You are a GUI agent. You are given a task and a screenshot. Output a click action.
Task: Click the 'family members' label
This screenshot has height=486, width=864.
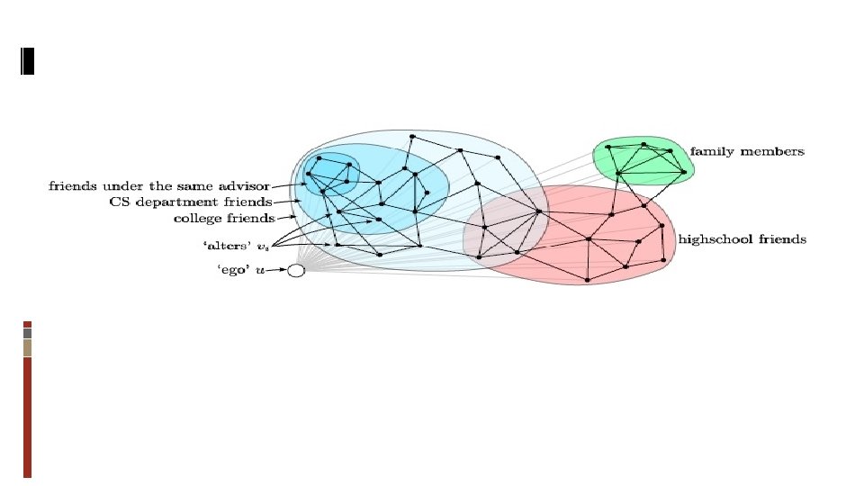747,151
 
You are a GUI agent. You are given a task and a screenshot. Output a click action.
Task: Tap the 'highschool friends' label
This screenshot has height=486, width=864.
742,239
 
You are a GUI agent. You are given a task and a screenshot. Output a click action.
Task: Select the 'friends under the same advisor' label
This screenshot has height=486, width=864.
158,186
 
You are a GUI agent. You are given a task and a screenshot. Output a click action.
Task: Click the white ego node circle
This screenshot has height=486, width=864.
296,270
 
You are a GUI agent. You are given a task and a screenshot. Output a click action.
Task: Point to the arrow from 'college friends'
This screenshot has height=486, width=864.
287,218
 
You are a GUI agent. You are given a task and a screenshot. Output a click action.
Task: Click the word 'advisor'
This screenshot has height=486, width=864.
247,186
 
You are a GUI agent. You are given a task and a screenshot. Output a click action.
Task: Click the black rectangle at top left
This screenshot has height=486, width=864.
26,60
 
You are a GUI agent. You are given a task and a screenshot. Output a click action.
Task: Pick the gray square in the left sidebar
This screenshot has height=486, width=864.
28,333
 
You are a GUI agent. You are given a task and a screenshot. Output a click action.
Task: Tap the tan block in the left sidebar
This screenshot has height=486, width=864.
28,347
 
